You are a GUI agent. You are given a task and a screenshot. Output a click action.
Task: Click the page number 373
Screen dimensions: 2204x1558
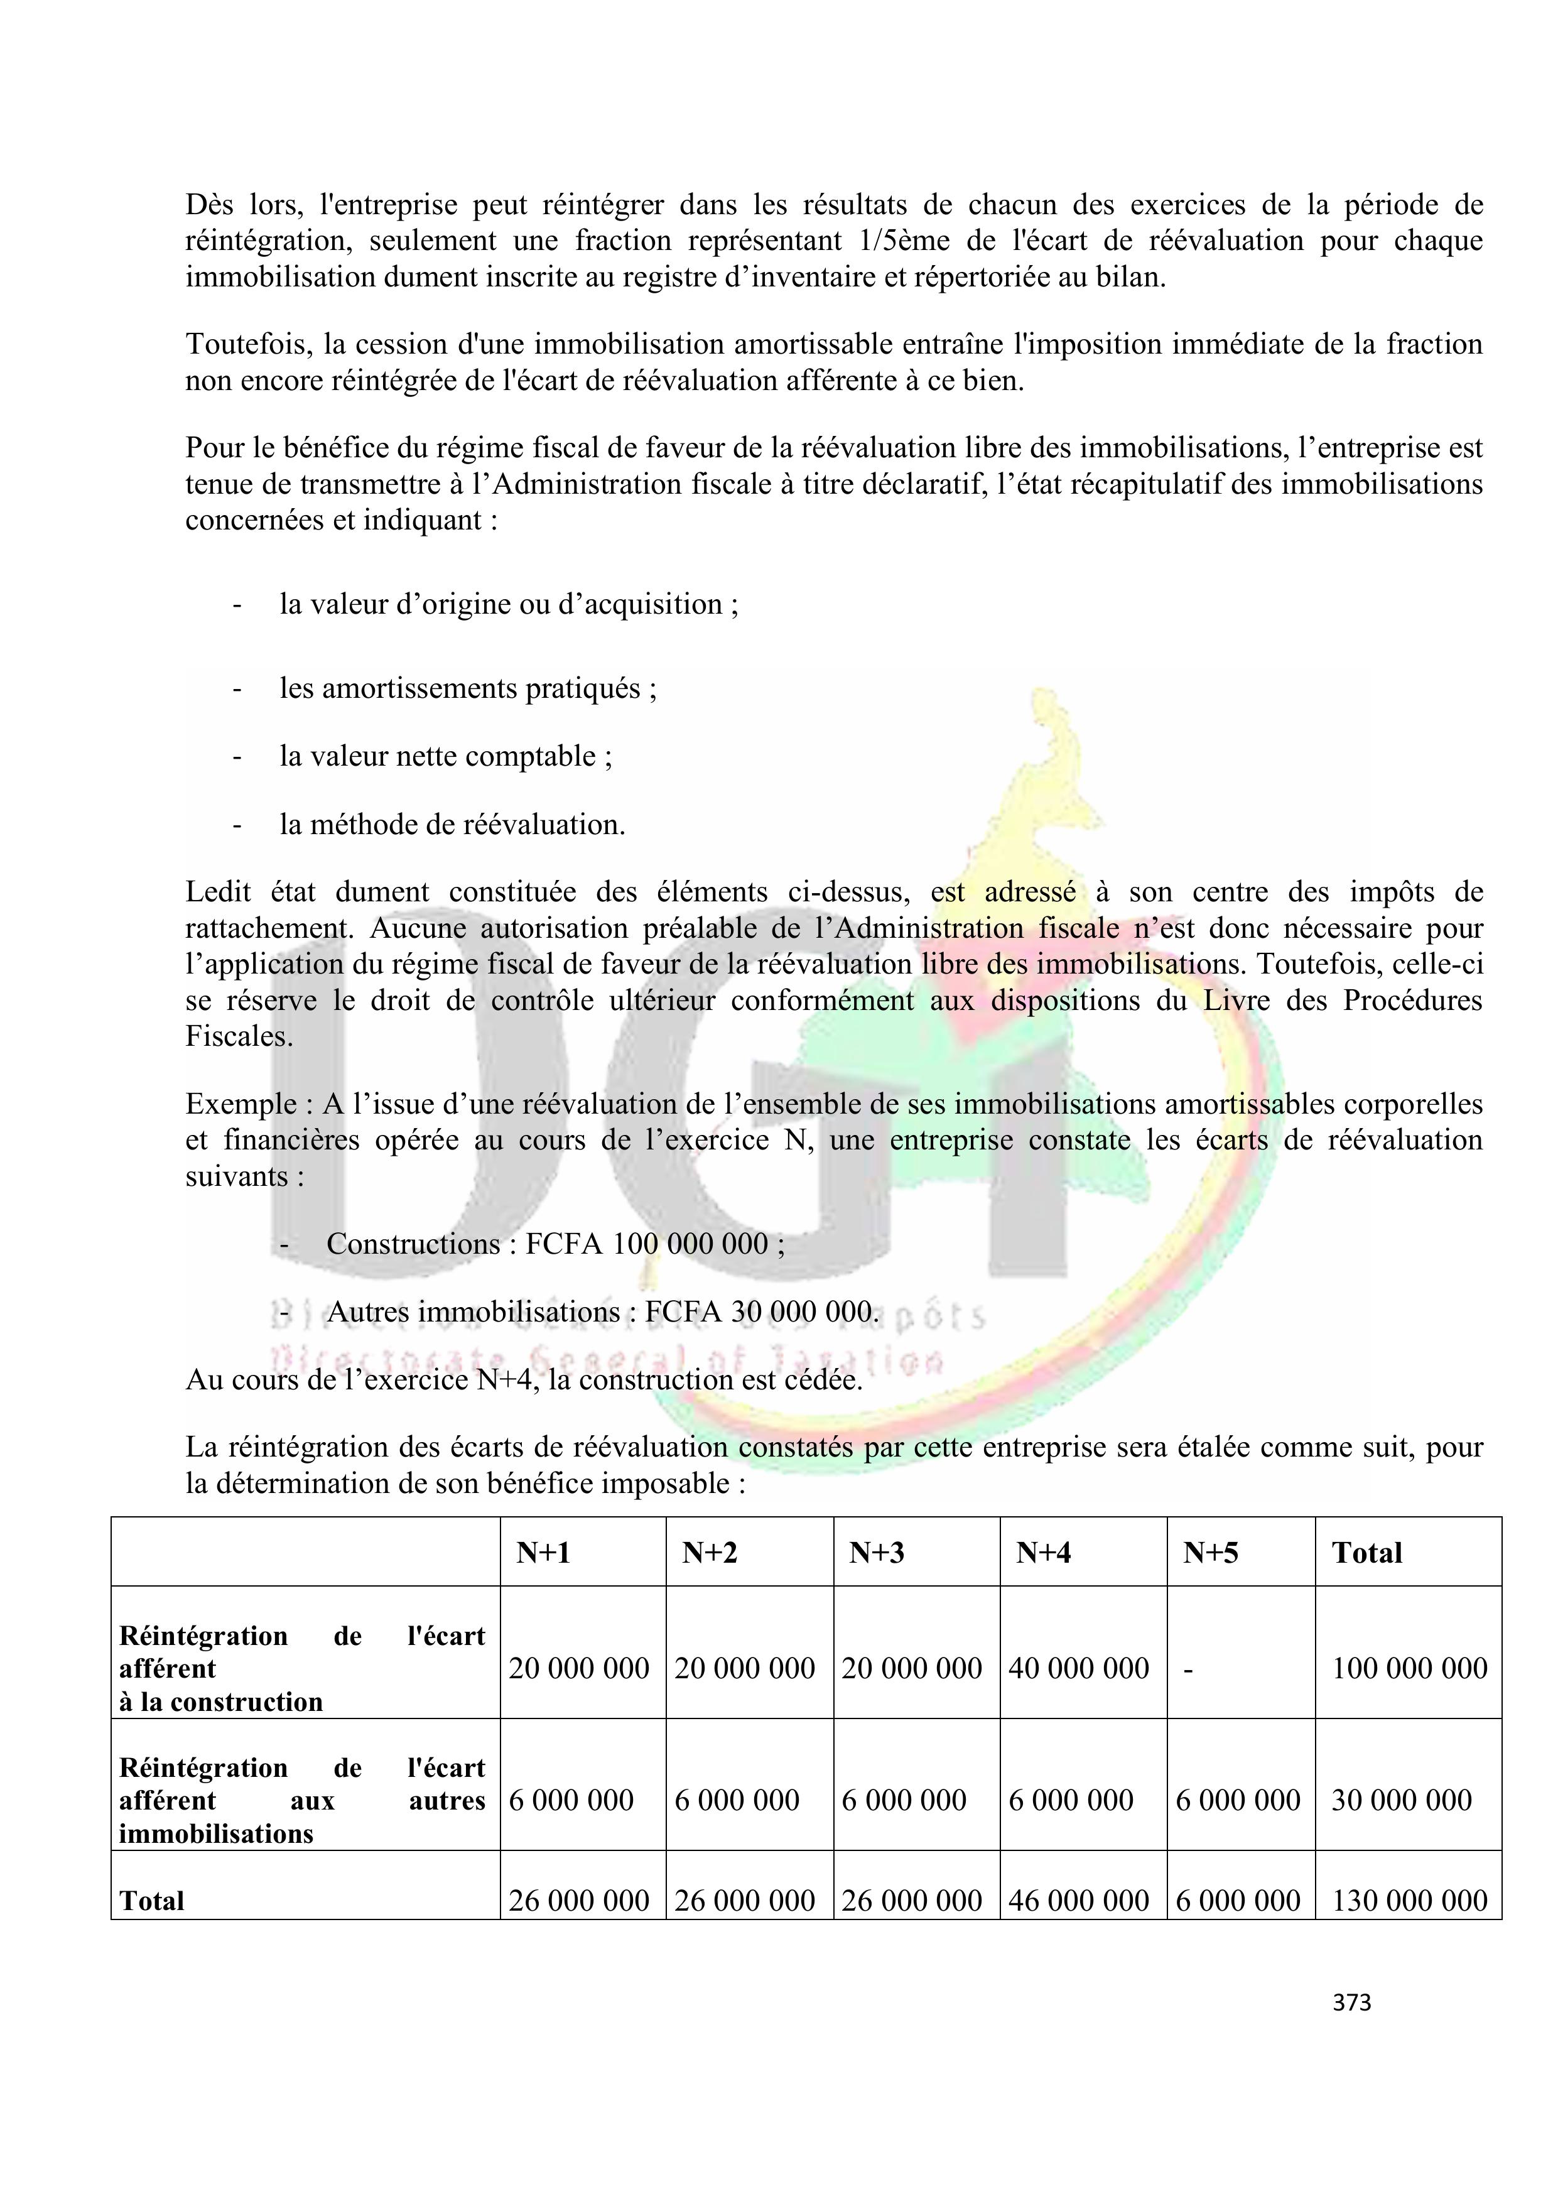click(1351, 2002)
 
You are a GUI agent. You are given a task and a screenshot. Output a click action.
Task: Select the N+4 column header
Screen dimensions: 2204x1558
click(1044, 1552)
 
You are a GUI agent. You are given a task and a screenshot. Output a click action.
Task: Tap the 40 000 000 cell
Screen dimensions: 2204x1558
click(1078, 1668)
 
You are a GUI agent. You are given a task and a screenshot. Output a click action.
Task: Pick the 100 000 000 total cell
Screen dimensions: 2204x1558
click(1409, 1668)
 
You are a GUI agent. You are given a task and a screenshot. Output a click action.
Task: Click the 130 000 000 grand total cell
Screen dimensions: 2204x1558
click(1409, 1900)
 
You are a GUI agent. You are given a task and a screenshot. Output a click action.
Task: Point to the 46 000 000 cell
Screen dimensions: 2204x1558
click(1078, 1900)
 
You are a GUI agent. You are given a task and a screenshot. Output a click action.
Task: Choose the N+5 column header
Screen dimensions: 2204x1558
click(1211, 1552)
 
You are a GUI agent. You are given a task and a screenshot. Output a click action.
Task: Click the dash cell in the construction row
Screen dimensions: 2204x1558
click(1188, 1668)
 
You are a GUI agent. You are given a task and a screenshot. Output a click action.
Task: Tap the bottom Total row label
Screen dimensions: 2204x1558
click(152, 1901)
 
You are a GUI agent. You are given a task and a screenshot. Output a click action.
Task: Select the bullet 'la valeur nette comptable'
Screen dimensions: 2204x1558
click(445, 756)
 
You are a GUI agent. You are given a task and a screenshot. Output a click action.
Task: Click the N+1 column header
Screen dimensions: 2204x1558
click(543, 1552)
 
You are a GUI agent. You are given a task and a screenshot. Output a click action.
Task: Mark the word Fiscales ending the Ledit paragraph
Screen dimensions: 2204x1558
click(239, 1037)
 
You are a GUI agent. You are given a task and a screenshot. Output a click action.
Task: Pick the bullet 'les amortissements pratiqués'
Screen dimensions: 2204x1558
click(468, 688)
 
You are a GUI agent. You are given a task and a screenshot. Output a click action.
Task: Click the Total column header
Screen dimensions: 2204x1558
click(1367, 1552)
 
